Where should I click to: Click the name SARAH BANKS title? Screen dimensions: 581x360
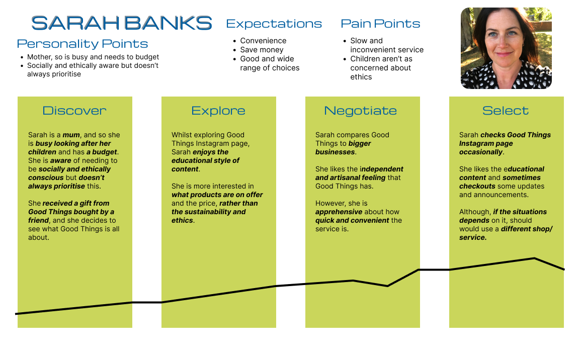[x=122, y=23]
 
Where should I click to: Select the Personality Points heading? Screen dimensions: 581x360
[x=82, y=44]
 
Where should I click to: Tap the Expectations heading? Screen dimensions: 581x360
[x=274, y=24]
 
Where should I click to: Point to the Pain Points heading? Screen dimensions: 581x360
[x=380, y=24]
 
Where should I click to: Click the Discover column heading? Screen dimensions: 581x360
[x=74, y=111]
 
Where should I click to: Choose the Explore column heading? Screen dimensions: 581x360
[x=218, y=111]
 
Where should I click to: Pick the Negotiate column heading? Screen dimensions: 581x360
[x=361, y=111]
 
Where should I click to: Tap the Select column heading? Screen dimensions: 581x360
[x=506, y=111]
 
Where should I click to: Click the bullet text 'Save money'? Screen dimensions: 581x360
[x=262, y=50]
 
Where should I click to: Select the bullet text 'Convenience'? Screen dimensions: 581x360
[x=263, y=41]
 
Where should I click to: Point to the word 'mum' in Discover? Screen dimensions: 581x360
[x=71, y=135]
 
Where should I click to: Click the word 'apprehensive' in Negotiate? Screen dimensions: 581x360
[x=339, y=212]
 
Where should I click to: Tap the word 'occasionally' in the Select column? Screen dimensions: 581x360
[x=481, y=152]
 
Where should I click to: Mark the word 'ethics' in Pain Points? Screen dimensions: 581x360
[x=361, y=77]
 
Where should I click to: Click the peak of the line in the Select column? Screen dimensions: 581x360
[x=534, y=258]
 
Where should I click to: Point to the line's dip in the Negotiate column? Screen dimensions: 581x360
[x=387, y=286]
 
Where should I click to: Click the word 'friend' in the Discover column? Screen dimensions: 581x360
[x=38, y=220]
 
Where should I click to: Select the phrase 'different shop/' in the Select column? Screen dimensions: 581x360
[x=527, y=229]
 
